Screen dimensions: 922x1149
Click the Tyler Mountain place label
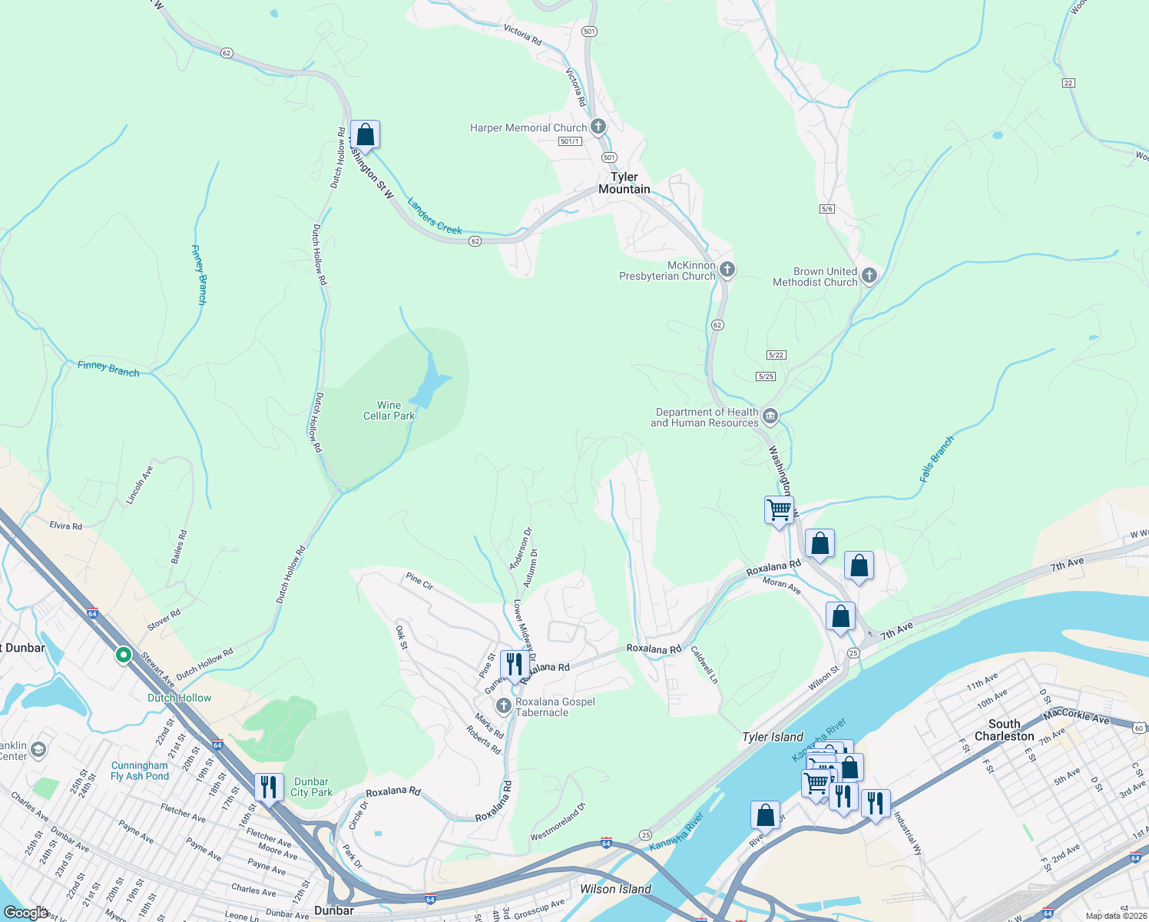(624, 183)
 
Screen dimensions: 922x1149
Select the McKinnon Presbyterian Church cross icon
(727, 270)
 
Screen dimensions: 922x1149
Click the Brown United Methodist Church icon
(869, 276)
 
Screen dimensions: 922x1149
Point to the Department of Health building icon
(770, 417)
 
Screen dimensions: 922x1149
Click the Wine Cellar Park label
(389, 410)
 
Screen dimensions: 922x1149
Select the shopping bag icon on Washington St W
(366, 135)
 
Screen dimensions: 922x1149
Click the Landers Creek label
(435, 217)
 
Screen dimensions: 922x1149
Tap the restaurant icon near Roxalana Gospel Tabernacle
(514, 665)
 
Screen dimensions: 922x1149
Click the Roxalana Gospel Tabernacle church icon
(503, 705)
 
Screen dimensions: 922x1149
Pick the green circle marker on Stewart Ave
(123, 655)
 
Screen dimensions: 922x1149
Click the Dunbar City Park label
(311, 787)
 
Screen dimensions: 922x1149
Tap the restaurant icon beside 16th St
(268, 788)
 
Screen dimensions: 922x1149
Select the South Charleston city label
(1004, 730)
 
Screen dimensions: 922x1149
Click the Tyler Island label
(773, 737)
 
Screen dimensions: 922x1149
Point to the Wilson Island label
(615, 889)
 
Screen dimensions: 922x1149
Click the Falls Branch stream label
(937, 459)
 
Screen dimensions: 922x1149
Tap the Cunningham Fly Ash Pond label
(140, 771)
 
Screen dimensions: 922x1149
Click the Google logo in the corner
(25, 912)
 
